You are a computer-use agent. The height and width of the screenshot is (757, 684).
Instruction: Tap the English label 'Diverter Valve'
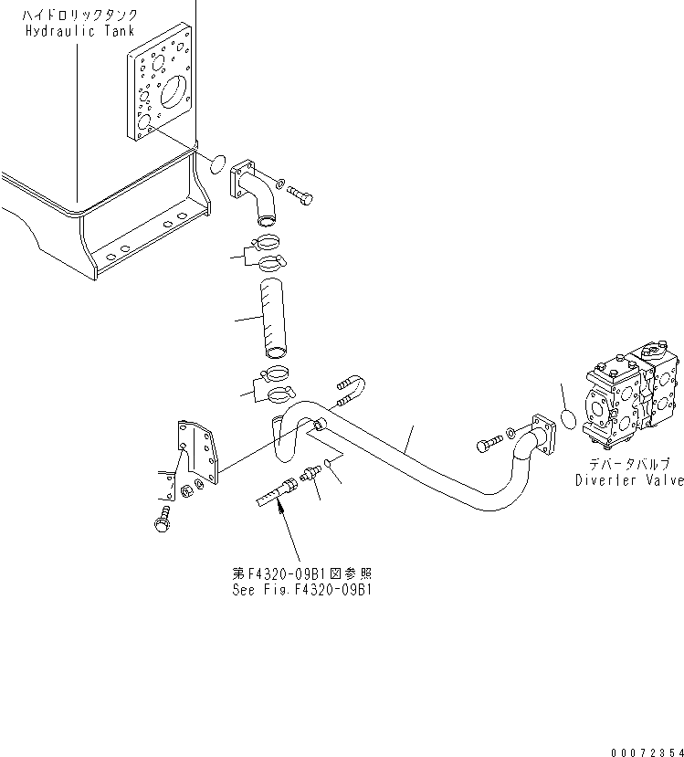click(628, 480)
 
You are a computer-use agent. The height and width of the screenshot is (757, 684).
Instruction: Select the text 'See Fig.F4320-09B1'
click(302, 589)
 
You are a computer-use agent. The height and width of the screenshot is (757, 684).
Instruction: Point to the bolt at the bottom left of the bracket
click(165, 520)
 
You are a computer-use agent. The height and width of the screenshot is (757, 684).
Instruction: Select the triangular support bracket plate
click(199, 453)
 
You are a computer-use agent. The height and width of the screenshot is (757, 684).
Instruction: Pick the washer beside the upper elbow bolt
click(281, 185)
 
